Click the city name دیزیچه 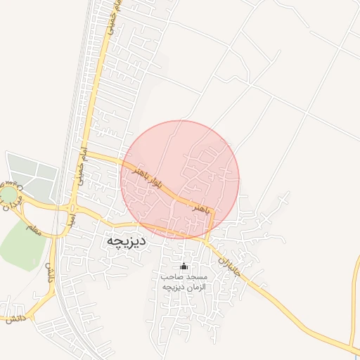point(127,241)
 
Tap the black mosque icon point(185,266)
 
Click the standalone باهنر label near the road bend point(200,209)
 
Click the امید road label point(71,219)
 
